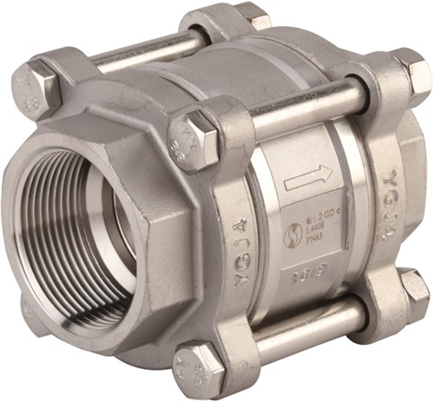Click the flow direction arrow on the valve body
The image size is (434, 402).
click(x=308, y=180)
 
